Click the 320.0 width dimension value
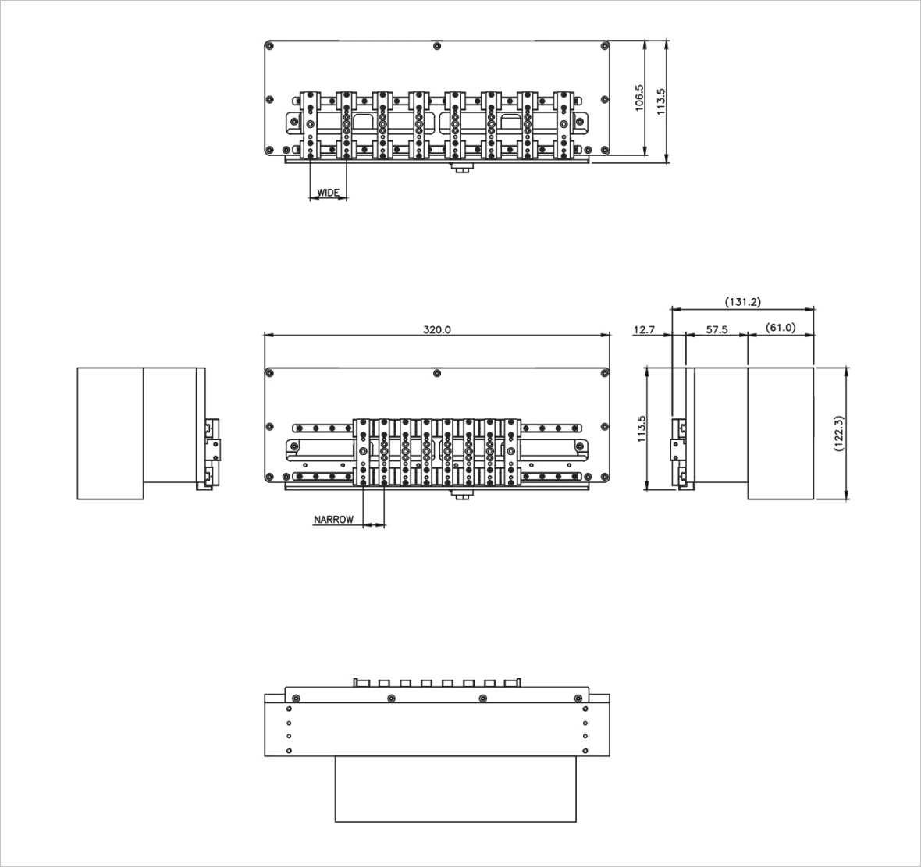point(437,329)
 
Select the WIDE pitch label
point(329,193)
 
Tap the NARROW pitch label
point(333,519)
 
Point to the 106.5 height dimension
point(640,98)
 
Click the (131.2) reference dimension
point(743,302)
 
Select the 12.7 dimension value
point(644,329)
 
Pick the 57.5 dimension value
point(717,329)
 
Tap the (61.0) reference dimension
point(781,327)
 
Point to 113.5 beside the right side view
point(641,428)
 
